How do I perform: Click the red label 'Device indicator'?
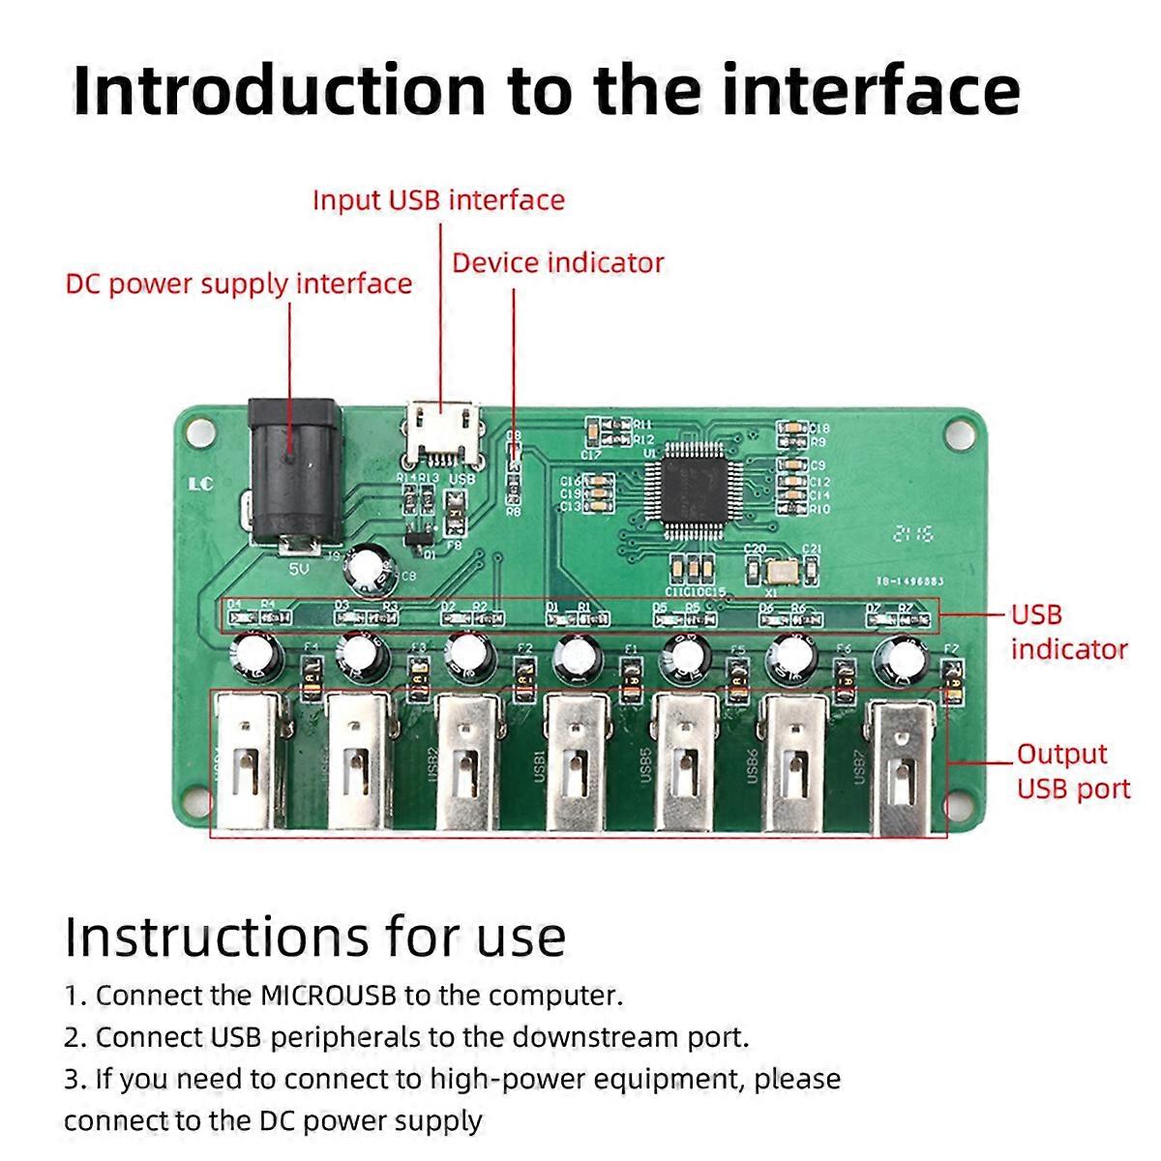click(558, 263)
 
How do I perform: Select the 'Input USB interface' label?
click(438, 200)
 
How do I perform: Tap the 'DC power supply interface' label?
click(239, 284)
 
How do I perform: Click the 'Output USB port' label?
click(1072, 771)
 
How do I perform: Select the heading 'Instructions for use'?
click(315, 937)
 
